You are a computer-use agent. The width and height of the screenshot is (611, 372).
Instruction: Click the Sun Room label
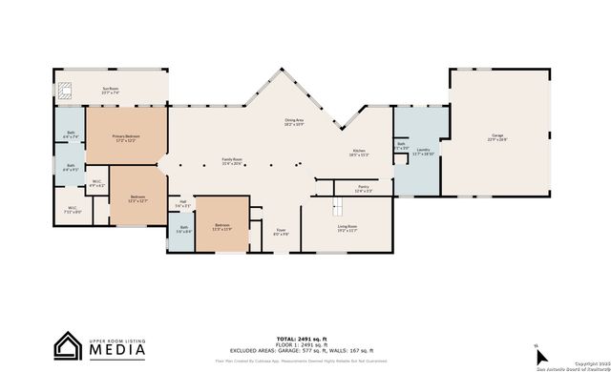111,91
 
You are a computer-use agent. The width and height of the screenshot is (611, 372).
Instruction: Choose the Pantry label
363,189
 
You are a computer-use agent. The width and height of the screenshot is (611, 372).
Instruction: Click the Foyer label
281,232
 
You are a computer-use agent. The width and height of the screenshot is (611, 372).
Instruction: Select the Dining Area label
294,121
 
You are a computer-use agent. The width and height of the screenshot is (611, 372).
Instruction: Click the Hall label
184,203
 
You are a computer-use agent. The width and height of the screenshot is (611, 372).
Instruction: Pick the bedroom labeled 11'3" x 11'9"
221,227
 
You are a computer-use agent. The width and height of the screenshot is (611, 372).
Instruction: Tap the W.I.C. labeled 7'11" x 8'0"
74,209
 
